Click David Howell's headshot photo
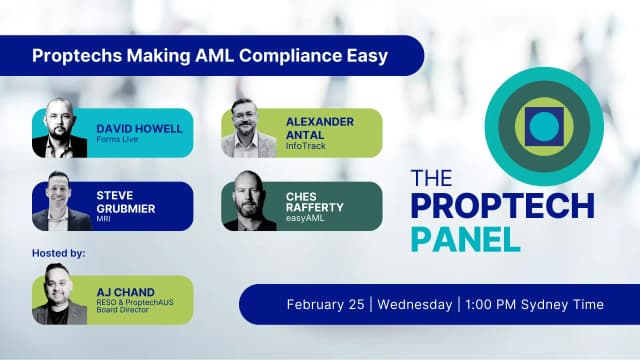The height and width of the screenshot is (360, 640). point(60,130)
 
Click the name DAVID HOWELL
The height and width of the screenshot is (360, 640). point(139,128)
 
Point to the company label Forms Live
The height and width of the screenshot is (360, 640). point(119,140)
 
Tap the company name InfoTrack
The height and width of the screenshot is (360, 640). point(303,146)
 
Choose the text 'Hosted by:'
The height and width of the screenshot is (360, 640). point(59,254)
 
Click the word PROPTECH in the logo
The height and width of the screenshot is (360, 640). point(503,209)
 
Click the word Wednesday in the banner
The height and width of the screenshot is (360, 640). point(412,304)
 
